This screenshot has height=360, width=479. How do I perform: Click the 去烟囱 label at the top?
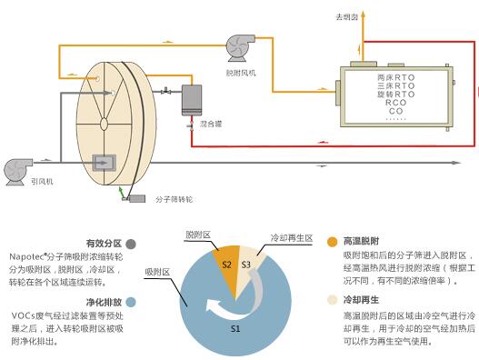coord(346,16)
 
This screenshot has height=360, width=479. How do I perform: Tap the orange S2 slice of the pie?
coord(228,264)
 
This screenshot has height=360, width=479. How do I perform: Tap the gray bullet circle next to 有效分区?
coord(132,244)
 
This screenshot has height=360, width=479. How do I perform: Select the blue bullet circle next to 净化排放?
coord(132,302)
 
